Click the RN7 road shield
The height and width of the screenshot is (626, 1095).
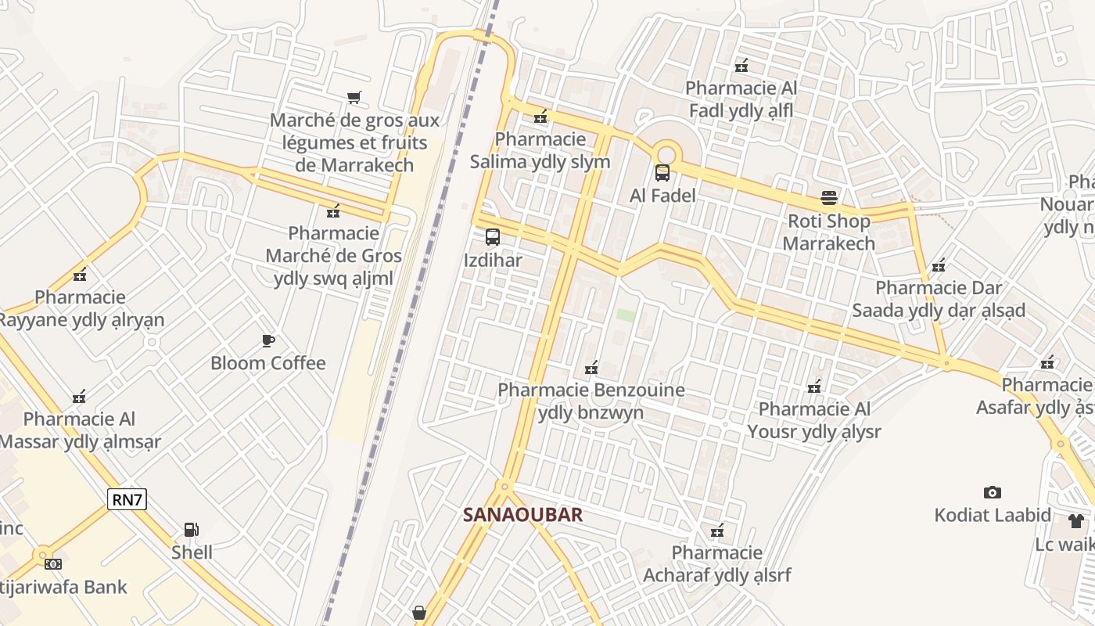pos(127,499)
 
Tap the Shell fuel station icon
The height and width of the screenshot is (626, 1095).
pos(192,530)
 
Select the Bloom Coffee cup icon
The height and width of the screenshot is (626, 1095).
pos(268,340)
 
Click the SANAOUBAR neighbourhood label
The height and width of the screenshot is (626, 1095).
pos(522,515)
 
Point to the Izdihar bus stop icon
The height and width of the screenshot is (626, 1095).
pos(493,236)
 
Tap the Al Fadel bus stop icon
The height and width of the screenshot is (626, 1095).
pos(662,172)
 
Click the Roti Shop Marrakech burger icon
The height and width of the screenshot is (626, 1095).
pos(829,198)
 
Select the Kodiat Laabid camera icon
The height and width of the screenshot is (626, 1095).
pos(993,492)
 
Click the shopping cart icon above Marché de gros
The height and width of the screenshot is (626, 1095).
pos(354,97)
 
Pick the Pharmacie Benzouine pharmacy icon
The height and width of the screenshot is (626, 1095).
pos(591,367)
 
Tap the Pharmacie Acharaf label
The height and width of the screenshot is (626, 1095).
pos(716,564)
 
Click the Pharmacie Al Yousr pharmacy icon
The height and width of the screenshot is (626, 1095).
pos(814,387)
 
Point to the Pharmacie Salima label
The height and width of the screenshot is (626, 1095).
pos(540,150)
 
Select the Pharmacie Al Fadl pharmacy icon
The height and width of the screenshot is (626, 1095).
pos(741,66)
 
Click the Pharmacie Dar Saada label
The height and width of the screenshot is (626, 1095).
pos(939,299)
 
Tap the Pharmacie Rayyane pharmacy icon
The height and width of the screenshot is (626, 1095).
pos(80,275)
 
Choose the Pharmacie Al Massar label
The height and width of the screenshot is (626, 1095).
pos(80,430)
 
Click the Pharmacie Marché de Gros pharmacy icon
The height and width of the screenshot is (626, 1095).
pos(334,210)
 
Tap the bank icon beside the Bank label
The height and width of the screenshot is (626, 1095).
pos(53,563)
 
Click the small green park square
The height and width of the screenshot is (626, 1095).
pos(626,315)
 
